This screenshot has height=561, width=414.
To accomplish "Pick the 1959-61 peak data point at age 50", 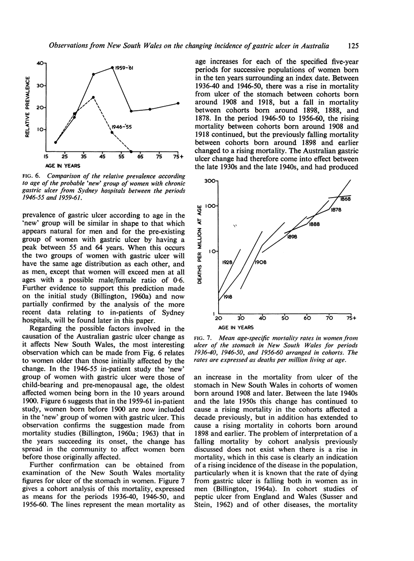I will click(x=113, y=67).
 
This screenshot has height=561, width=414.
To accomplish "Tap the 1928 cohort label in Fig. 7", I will click(x=228, y=263).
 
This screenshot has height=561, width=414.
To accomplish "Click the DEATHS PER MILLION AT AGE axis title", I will click(x=200, y=246).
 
